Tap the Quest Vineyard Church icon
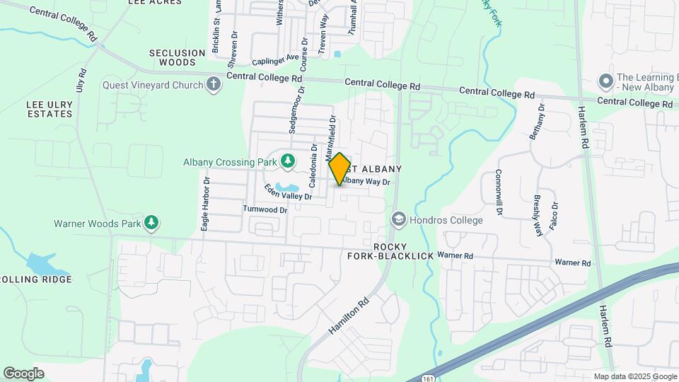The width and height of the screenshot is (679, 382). (214, 85)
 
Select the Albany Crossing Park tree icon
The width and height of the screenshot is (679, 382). (287, 162)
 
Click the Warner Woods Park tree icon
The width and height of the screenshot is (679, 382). (151, 224)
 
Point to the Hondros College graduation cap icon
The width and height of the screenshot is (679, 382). (399, 220)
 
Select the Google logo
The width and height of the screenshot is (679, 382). (23, 373)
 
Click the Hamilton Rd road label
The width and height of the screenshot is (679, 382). (349, 316)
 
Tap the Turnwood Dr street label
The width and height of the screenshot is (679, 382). (265, 209)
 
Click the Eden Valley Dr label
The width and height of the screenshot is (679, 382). (288, 192)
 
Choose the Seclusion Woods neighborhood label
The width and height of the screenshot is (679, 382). (172, 57)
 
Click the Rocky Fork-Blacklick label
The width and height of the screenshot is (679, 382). (390, 250)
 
